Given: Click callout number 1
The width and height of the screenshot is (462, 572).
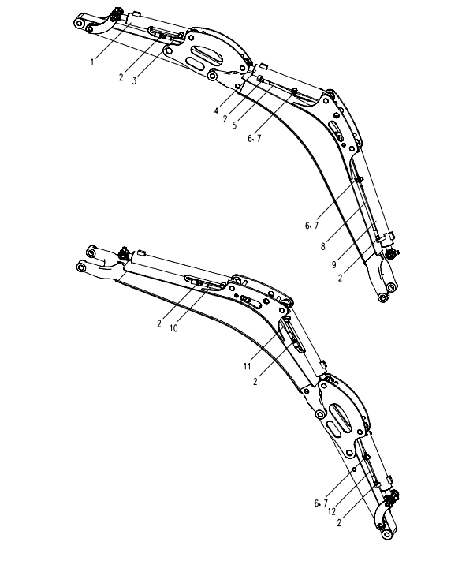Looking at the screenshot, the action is [92, 62].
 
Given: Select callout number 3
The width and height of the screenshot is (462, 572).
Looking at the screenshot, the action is [134, 81].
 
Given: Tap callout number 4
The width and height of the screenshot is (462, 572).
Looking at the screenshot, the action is [217, 111].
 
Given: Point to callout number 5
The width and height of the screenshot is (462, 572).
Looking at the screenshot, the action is [234, 125].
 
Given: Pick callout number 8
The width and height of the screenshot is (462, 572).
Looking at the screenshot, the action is [322, 247].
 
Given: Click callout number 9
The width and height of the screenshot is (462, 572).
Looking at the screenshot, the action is [333, 265].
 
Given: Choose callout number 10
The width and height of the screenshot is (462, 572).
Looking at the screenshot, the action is [173, 328].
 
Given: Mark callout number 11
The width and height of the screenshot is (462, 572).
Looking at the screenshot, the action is [248, 366].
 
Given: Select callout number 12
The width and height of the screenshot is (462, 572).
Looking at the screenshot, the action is [331, 512].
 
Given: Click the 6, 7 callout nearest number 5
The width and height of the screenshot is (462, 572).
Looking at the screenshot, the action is [254, 139].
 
